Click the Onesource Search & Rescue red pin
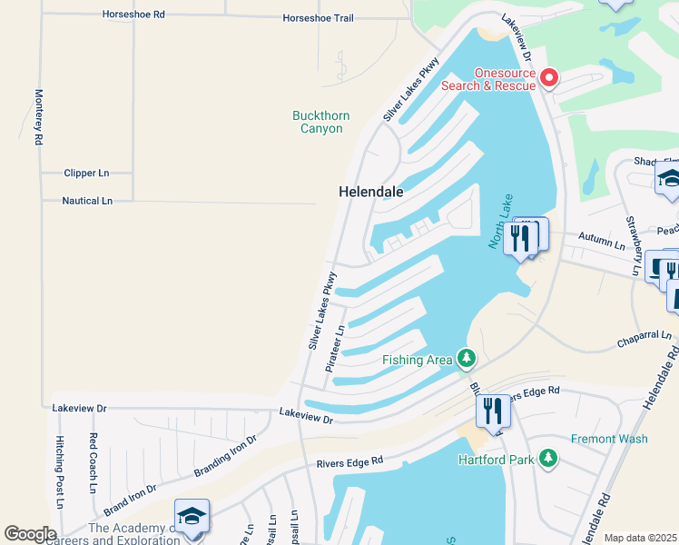pyautogui.click(x=549, y=79)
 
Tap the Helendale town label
pyautogui.click(x=370, y=193)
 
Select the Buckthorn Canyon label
pyautogui.click(x=318, y=122)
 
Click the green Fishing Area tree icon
pyautogui.click(x=467, y=360)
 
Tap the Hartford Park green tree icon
pyautogui.click(x=547, y=460)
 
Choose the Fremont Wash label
pyautogui.click(x=609, y=439)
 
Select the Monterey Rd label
pyautogui.click(x=39, y=117)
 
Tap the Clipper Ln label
pyautogui.click(x=86, y=173)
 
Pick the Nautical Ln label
pyautogui.click(x=87, y=201)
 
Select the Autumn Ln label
pyautogui.click(x=607, y=245)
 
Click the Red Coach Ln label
pyautogui.click(x=93, y=461)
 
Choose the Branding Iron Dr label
pyautogui.click(x=225, y=454)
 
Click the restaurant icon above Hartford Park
pyautogui.click(x=493, y=411)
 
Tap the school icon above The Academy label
pyautogui.click(x=192, y=516)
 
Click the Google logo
pyautogui.click(x=31, y=533)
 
